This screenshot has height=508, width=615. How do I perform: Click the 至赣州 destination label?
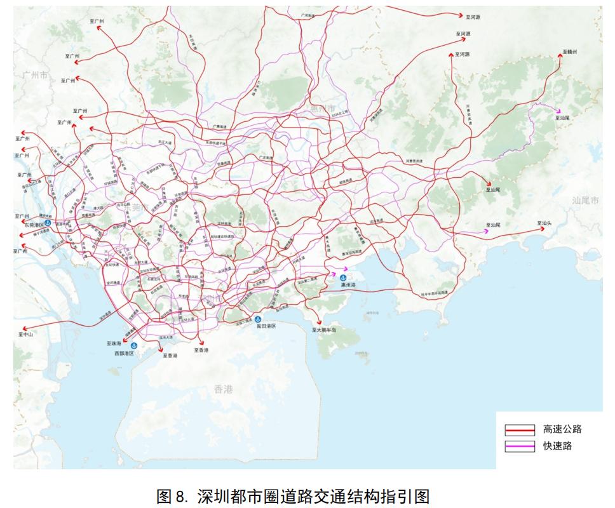[x=570, y=52]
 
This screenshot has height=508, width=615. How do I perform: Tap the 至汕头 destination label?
[x=545, y=224]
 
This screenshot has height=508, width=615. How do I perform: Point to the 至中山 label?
[x=25, y=334]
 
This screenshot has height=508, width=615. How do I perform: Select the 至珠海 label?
[x=114, y=343]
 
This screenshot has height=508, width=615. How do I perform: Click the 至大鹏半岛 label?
[x=323, y=330]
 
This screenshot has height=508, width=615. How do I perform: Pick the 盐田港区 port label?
[x=266, y=325]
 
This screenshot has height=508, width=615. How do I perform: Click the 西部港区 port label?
[x=124, y=353]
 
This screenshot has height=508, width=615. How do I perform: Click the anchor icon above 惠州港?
[x=342, y=278]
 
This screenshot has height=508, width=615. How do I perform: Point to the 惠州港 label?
[x=348, y=286]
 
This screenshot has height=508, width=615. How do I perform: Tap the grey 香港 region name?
[x=224, y=389]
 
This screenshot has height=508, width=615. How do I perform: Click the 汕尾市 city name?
[x=585, y=201]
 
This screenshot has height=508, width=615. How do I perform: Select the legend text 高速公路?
[x=562, y=429]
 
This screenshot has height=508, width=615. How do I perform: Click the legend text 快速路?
[x=557, y=446]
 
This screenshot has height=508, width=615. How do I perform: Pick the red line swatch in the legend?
[x=520, y=430]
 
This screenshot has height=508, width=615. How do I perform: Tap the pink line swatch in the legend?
[x=520, y=446]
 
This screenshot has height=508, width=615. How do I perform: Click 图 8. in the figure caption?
[x=173, y=495]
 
